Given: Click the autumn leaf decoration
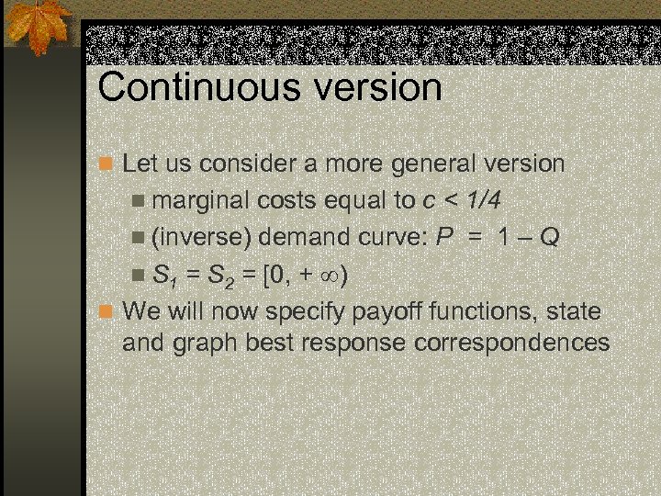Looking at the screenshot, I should click(37, 26).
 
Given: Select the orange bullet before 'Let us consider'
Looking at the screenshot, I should click(106, 164).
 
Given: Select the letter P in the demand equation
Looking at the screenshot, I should click(444, 238).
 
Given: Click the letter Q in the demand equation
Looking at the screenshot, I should click(548, 238).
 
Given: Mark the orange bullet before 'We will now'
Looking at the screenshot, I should click(106, 311).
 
